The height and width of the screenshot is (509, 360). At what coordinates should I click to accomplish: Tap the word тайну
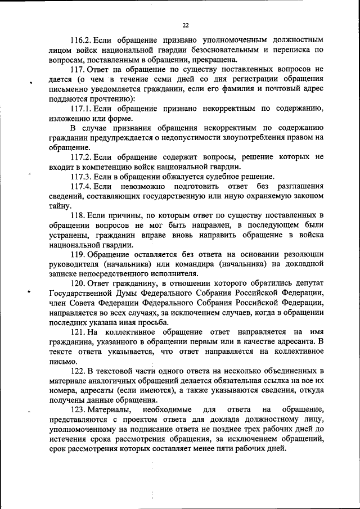coord(60,206)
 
